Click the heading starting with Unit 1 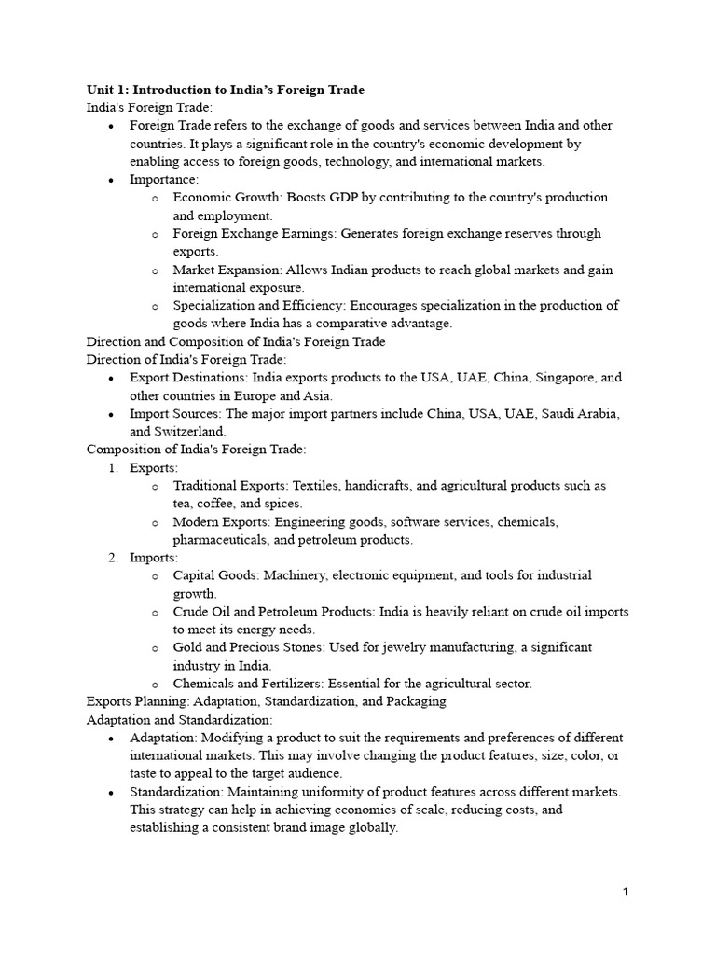pos(225,90)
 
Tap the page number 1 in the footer pos(626,892)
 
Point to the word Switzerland pos(191,432)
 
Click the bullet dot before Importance pos(112,180)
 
